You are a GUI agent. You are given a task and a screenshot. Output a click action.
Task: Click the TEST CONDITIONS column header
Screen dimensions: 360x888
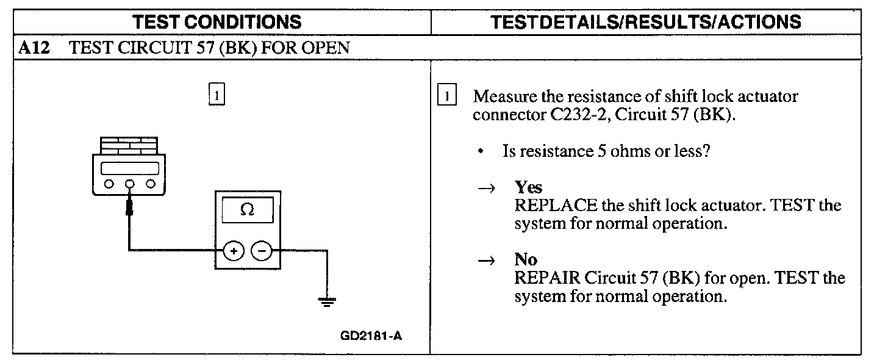pyautogui.click(x=218, y=23)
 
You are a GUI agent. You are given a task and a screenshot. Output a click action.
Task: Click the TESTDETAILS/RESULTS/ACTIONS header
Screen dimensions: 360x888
pyautogui.click(x=646, y=23)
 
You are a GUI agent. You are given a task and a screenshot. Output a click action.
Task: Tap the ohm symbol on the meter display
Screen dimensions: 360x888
pyautogui.click(x=247, y=209)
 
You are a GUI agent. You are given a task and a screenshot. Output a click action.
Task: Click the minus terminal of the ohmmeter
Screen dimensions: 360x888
pyautogui.click(x=260, y=250)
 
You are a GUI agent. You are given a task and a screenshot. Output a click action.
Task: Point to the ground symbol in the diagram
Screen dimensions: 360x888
pyautogui.click(x=328, y=300)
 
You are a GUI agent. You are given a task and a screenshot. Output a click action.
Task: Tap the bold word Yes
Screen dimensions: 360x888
pyautogui.click(x=528, y=187)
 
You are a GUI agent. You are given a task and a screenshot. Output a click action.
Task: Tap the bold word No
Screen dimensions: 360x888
pyautogui.click(x=526, y=261)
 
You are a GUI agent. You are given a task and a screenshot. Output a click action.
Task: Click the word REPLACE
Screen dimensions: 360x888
pyautogui.click(x=555, y=205)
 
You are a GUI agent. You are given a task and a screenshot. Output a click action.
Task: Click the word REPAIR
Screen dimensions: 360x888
pyautogui.click(x=547, y=279)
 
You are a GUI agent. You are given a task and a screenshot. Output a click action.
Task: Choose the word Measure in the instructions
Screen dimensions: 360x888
pyautogui.click(x=501, y=97)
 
